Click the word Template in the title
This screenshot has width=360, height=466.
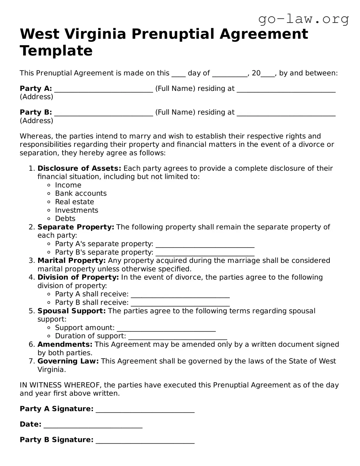coord(56,51)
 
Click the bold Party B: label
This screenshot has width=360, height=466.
coord(36,112)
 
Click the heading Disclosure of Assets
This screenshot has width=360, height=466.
coord(79,168)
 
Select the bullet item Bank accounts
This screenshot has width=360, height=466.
coord(81,193)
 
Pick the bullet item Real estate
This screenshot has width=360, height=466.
coord(75,202)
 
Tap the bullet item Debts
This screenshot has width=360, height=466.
coord(65,219)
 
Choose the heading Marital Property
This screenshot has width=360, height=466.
coord(71,260)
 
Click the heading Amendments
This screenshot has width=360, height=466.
coord(65,344)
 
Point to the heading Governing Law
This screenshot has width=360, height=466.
coord(68,361)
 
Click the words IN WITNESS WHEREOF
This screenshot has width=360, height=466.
coord(61,385)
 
